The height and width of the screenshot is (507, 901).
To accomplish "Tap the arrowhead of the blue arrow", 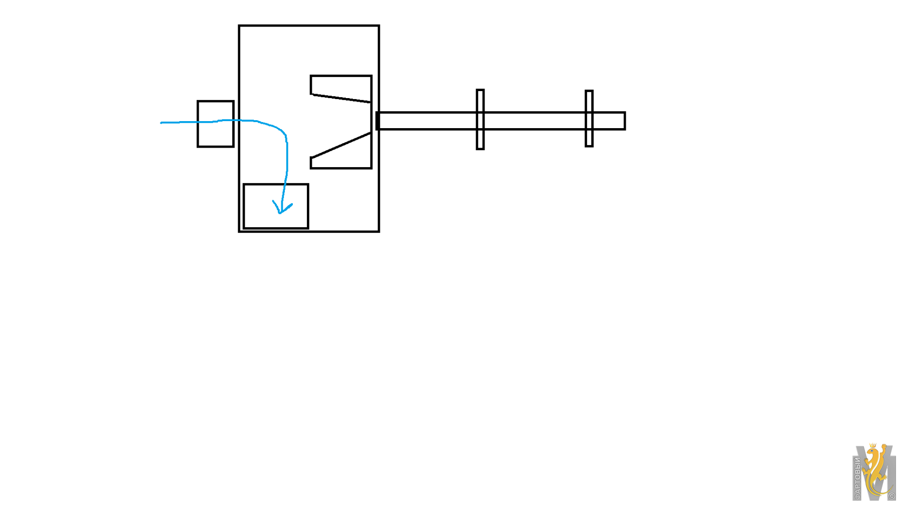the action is click(x=282, y=208).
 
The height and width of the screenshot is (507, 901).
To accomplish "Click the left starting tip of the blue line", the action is click(x=161, y=123).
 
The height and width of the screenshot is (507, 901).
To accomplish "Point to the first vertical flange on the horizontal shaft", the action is click(x=480, y=120).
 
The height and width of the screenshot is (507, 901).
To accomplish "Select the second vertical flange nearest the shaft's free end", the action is click(x=589, y=119).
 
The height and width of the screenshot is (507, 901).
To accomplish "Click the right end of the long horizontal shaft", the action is click(x=625, y=121).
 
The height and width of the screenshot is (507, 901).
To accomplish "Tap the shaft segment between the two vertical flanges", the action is click(x=535, y=121).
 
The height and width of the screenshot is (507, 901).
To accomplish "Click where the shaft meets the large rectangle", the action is click(x=378, y=121).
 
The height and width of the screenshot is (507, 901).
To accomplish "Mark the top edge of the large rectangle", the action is click(x=309, y=26).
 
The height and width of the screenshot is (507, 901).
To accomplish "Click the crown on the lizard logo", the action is click(x=872, y=445).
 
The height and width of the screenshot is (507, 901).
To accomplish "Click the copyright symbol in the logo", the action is click(x=891, y=496).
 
